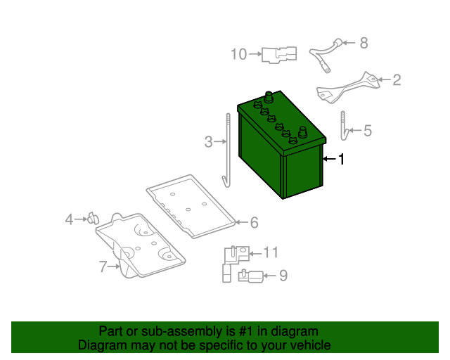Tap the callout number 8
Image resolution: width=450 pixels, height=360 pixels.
tap(364, 43)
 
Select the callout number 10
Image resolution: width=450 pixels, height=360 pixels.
tap(239, 54)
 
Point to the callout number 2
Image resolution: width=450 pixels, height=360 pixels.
tap(397, 80)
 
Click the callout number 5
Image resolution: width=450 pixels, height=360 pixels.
tap(368, 131)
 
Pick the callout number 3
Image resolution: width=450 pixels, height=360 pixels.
tap(209, 142)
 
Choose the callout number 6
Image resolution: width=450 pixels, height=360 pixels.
tap(255, 222)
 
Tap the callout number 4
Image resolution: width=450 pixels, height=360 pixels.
tap(69, 219)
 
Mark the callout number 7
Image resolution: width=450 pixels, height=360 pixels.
tap(103, 266)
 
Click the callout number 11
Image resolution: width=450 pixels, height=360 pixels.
tap(271, 252)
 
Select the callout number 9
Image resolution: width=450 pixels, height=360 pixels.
tap(283, 276)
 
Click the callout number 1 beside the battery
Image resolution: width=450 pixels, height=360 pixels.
tap(341, 159)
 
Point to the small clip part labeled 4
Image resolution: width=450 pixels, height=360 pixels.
tap(94, 219)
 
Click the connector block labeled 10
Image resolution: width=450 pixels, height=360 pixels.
tap(279, 55)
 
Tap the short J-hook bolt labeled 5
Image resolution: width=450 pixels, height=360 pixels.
tap(344, 127)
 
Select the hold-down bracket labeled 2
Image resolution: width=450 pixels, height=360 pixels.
tap(348, 88)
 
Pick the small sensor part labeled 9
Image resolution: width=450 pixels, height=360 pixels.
tap(251, 276)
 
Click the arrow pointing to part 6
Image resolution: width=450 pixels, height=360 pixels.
tap(242, 222)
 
